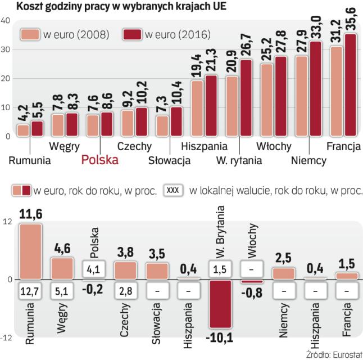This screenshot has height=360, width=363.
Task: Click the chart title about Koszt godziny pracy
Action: (x=116, y=7)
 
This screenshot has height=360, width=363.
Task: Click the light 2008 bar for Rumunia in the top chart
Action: (x=24, y=130)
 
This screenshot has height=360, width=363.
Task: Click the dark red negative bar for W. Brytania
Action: (x=220, y=303)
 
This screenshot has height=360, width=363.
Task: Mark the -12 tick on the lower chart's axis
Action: (x=7, y=337)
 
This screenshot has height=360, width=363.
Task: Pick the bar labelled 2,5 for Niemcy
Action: (x=284, y=273)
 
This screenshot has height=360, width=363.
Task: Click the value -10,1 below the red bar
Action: (x=220, y=337)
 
